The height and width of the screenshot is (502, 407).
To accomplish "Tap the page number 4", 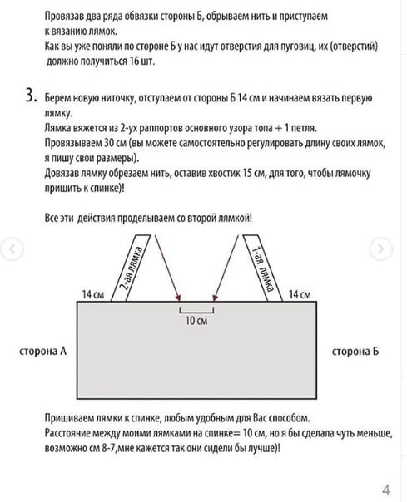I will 385,488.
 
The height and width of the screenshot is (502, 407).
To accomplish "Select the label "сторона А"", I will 42,352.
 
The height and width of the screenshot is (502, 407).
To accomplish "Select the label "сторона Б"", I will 355,352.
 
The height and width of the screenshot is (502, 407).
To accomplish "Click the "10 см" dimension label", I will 196,321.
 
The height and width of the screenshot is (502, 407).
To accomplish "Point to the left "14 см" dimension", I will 92,294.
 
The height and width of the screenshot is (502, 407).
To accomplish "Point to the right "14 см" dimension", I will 300,294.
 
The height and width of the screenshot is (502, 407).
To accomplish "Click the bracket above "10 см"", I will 196,309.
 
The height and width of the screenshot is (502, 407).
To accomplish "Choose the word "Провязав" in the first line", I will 65,16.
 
